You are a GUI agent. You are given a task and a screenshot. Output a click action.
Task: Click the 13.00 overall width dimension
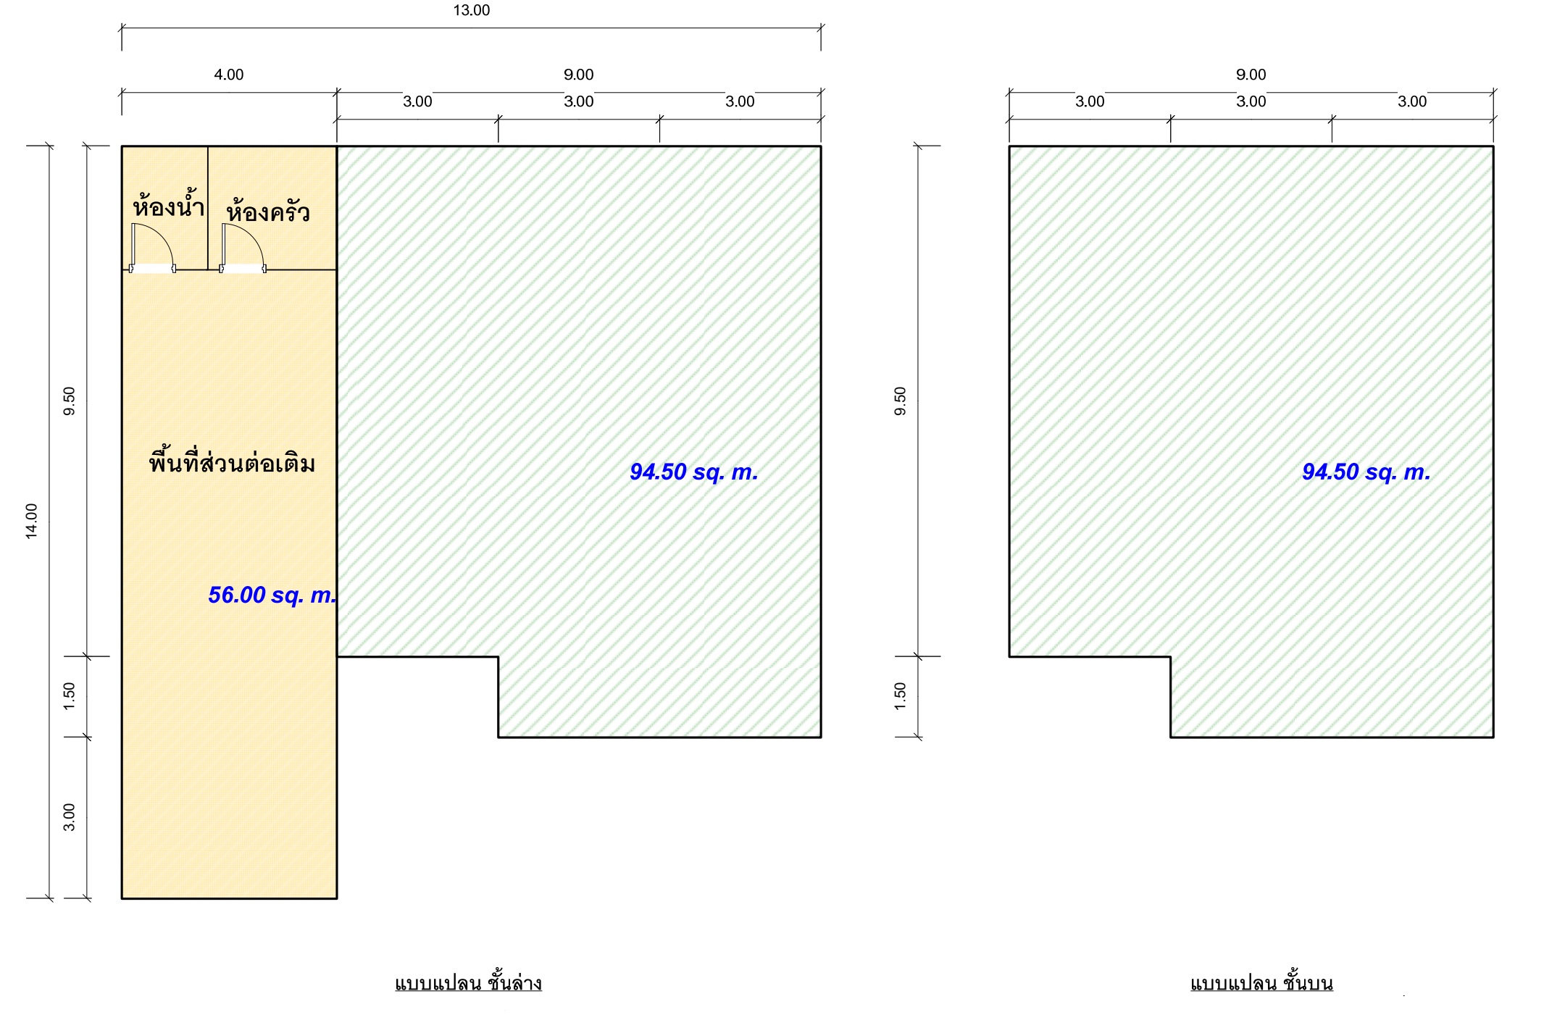pos(472,10)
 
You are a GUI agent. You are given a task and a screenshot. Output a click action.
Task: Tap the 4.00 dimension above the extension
pos(229,75)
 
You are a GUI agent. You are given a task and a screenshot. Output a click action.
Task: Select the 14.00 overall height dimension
pos(32,521)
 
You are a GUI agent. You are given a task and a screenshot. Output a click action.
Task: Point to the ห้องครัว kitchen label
pos(268,211)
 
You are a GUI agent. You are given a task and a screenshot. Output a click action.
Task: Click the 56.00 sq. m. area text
pos(272,595)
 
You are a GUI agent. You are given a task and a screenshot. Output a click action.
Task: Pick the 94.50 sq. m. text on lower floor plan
pos(694,472)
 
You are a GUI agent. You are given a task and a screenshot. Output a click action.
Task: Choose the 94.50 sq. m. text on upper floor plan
pos(1366,472)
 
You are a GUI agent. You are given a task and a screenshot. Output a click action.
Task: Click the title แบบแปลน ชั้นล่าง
pos(468,982)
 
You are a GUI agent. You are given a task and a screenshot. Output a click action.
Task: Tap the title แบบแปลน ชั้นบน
pos(1261,982)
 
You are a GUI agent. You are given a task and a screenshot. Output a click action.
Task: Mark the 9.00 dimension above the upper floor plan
pos(1251,75)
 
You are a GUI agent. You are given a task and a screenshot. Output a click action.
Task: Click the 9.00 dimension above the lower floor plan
pos(579,75)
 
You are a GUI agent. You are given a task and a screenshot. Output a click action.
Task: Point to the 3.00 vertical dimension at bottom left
pos(69,817)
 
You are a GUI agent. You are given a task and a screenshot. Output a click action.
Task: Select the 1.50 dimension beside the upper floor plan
pos(900,696)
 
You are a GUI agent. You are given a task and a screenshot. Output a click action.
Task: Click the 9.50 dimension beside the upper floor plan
pos(900,401)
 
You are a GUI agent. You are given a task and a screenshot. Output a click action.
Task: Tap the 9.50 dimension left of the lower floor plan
pos(69,401)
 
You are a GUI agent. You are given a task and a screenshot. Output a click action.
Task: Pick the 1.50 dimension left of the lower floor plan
pos(69,696)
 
